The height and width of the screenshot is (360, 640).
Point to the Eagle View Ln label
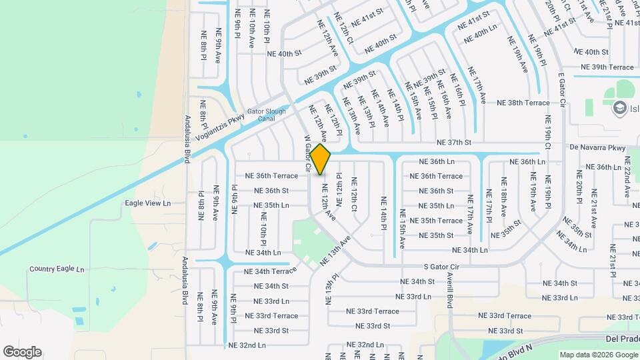[148, 203]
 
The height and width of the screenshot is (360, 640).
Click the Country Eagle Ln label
[57, 269]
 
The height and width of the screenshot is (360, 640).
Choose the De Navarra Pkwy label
[597, 147]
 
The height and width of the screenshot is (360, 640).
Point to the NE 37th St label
[454, 142]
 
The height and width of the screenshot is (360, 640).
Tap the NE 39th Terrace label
[607, 67]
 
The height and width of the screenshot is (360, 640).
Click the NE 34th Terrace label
[271, 271]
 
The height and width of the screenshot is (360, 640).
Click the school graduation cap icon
[619, 108]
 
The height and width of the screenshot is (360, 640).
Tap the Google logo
[22, 351]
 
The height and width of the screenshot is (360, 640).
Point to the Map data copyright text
[597, 355]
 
